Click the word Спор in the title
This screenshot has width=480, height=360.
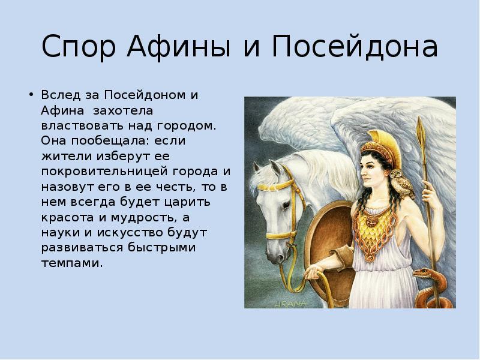click(79, 46)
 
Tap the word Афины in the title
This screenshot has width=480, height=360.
click(179, 46)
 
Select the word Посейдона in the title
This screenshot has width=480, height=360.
click(355, 46)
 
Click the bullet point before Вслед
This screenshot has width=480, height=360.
click(31, 94)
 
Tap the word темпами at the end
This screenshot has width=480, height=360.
click(72, 263)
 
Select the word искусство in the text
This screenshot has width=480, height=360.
click(132, 233)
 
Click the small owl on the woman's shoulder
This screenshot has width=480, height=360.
click(401, 183)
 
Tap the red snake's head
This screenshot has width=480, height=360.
click(422, 272)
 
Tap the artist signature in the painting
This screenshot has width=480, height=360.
click(290, 304)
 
